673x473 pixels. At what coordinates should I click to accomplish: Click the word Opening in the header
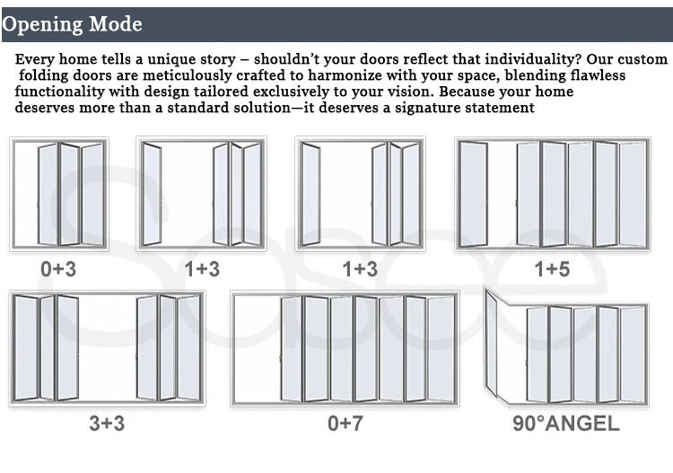(x=41, y=24)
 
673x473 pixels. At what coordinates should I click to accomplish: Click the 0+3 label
(x=58, y=268)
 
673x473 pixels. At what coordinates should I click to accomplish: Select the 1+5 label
(x=552, y=268)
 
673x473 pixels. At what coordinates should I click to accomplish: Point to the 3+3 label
(x=107, y=424)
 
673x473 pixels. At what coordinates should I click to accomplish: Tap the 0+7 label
(x=345, y=424)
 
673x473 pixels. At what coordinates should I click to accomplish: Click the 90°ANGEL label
(x=565, y=424)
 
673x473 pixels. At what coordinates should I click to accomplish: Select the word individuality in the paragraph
(x=512, y=59)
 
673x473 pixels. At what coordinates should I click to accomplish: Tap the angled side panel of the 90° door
(x=492, y=345)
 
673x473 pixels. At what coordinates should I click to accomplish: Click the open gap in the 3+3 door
(x=107, y=347)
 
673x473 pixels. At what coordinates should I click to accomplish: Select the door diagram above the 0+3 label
(x=58, y=194)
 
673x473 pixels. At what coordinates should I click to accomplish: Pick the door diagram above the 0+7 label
(x=345, y=348)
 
